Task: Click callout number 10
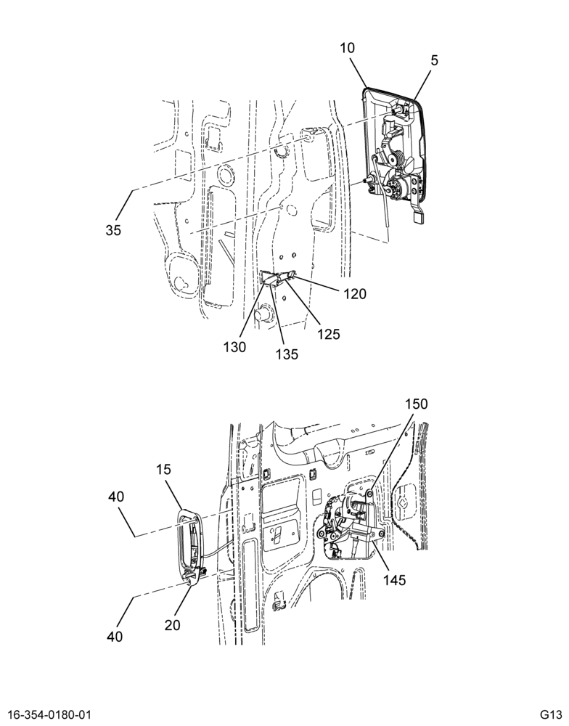pyautogui.click(x=347, y=48)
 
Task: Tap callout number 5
pyautogui.click(x=434, y=60)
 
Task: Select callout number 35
pyautogui.click(x=113, y=229)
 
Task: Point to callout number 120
pyautogui.click(x=355, y=293)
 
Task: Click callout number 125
pyautogui.click(x=329, y=333)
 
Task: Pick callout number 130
pyautogui.click(x=234, y=347)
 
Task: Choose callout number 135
pyautogui.click(x=287, y=354)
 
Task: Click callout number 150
pyautogui.click(x=417, y=404)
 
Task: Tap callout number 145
pyautogui.click(x=395, y=579)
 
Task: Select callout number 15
pyautogui.click(x=163, y=470)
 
